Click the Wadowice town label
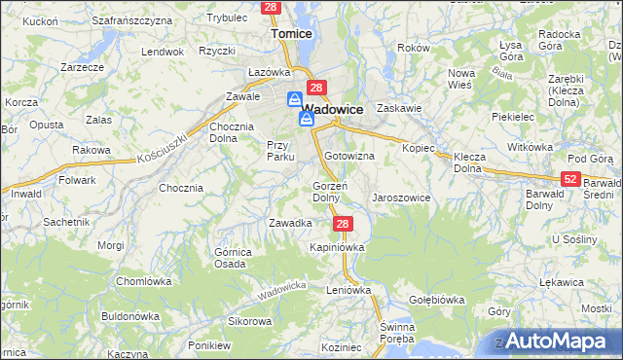(x=334, y=110)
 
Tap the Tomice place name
(x=291, y=33)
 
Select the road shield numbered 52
(x=571, y=179)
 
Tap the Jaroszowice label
(x=400, y=198)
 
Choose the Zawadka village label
(x=290, y=223)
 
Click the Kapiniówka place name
(x=337, y=247)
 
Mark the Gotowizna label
(x=350, y=156)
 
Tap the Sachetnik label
(x=67, y=222)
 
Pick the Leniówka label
(x=349, y=290)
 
